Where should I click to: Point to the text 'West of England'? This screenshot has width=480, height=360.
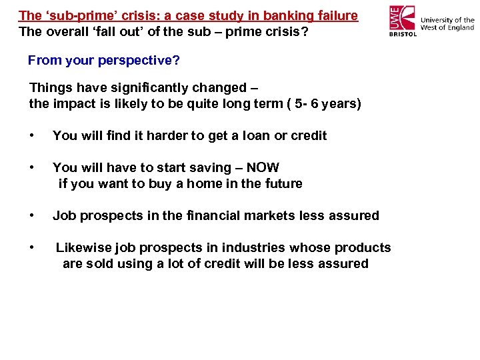447,28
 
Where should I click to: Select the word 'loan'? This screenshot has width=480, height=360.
257,135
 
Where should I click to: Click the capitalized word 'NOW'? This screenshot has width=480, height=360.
263,167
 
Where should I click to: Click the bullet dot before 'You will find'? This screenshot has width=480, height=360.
32,135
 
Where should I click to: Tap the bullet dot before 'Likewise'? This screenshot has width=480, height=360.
32,247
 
